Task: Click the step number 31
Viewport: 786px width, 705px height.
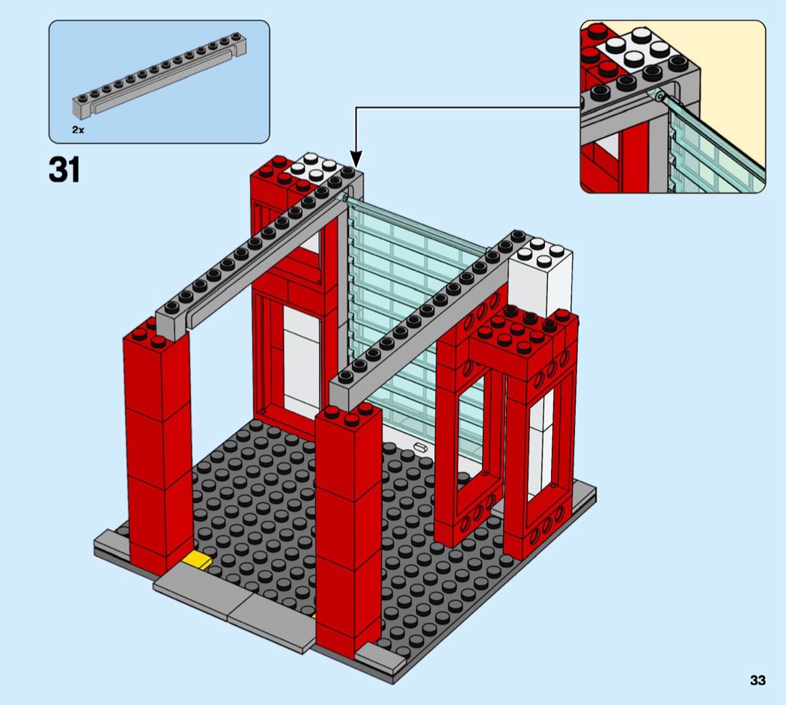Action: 64,170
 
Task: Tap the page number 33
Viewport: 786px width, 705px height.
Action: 758,680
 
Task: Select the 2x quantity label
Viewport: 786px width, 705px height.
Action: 78,129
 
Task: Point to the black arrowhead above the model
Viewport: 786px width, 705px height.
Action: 356,160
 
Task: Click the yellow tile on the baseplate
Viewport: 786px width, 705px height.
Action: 197,559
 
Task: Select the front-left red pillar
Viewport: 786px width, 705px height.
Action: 157,445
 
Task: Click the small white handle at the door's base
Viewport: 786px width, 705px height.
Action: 420,446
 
